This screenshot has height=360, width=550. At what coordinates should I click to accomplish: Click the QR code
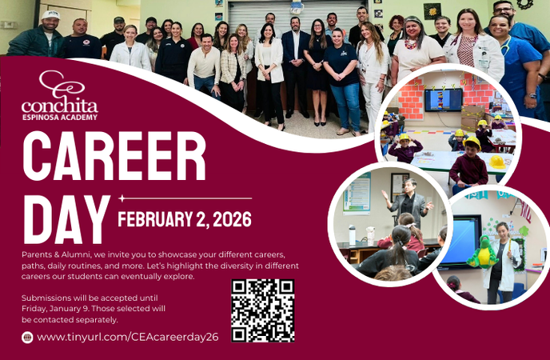coord(263,310)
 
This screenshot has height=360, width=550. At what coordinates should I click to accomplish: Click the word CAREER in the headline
coord(114,156)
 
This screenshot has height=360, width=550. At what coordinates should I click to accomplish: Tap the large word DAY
coord(66,218)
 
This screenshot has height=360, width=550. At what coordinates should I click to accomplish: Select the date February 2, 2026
coord(185,218)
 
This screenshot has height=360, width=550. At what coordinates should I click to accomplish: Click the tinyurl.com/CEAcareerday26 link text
coord(128,338)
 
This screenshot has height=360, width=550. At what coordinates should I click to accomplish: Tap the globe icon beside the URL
coord(27,338)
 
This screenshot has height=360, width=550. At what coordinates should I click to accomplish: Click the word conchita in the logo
coord(59,106)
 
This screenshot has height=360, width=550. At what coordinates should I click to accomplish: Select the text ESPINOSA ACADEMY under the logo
coord(60,118)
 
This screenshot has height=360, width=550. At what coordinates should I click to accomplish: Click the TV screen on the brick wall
coord(443,100)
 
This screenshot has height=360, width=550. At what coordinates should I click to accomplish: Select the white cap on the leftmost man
coord(51,14)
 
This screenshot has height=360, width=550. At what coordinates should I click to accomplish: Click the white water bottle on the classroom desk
coord(352,234)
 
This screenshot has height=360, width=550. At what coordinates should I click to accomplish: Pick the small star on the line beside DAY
coord(122,198)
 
